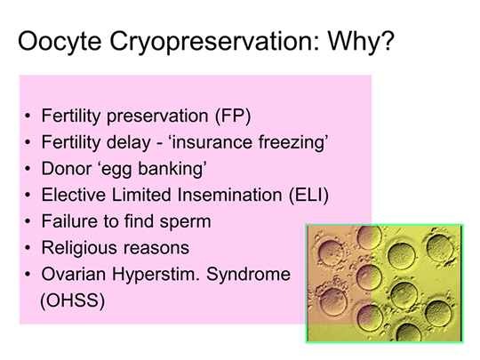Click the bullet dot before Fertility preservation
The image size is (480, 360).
click(x=28, y=117)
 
